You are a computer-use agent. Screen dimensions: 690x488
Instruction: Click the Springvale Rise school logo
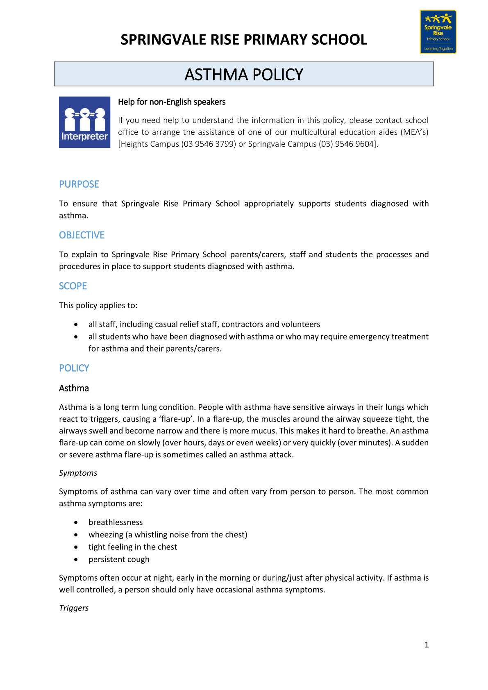[438, 32]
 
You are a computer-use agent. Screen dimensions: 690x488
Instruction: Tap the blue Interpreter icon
[84, 122]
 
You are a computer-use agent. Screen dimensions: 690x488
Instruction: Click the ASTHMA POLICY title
[244, 75]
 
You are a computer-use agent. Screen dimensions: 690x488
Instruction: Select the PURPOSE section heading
[79, 184]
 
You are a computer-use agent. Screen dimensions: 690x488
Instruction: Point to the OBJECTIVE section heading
[82, 235]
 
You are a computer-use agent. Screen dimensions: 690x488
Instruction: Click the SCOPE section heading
[73, 286]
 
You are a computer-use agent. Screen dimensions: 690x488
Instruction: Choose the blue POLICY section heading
[74, 368]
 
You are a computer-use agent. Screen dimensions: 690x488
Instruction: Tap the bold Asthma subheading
[74, 388]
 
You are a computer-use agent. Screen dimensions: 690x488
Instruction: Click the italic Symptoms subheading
[78, 473]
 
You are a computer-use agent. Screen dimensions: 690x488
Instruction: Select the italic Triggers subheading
[74, 608]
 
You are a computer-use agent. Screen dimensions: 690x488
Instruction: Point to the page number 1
[427, 645]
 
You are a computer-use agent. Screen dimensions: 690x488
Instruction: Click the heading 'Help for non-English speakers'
[172, 102]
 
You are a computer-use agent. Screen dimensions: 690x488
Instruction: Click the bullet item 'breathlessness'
[116, 522]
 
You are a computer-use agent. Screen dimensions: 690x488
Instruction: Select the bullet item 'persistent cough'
[119, 559]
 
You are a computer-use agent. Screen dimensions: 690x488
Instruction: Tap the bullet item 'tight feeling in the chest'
[133, 547]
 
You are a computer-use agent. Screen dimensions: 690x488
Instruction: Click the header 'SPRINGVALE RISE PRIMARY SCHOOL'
[244, 40]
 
